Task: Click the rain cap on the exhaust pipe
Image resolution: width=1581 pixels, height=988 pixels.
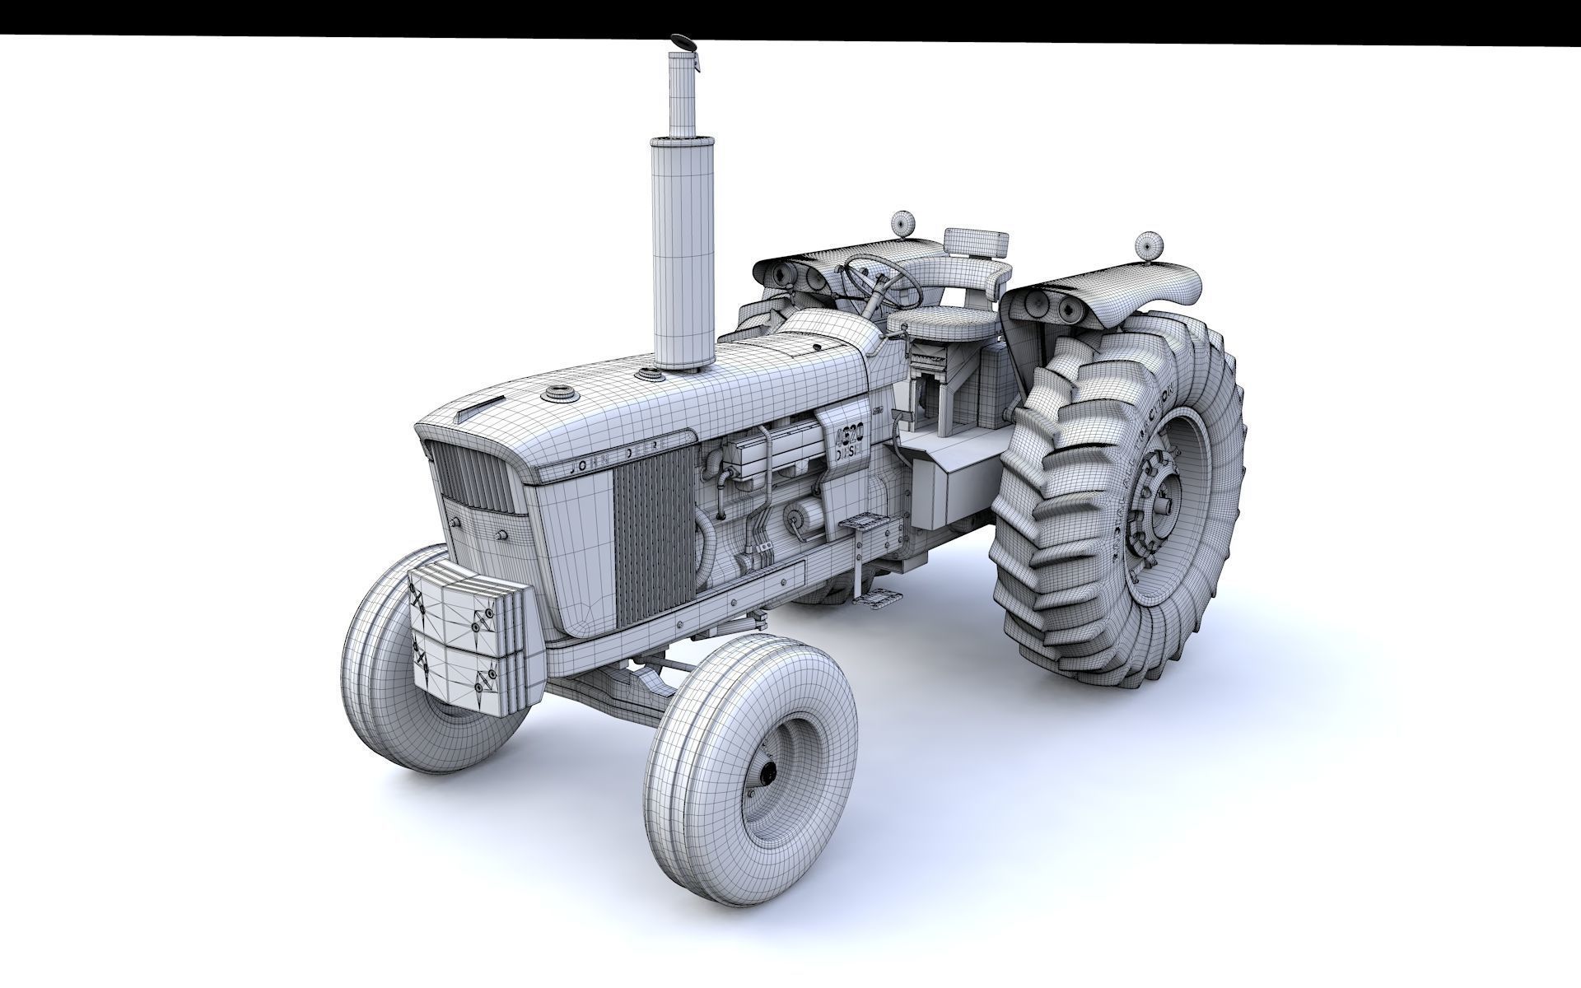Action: pyautogui.click(x=683, y=42)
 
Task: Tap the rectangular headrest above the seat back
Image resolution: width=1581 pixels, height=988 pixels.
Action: pyautogui.click(x=977, y=242)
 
